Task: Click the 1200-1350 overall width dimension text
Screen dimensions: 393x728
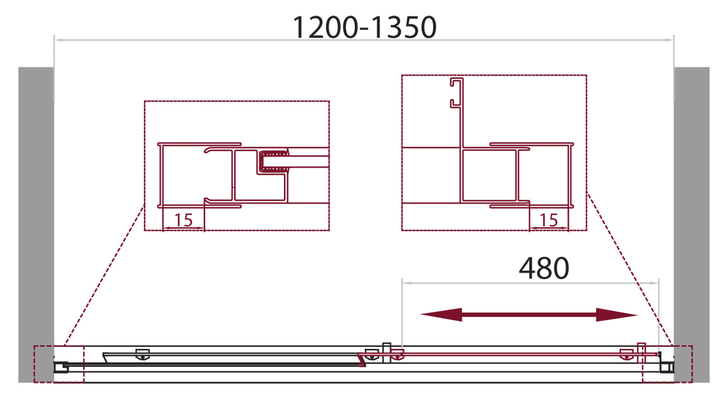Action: pos(364,27)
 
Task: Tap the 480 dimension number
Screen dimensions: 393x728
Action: pos(544,268)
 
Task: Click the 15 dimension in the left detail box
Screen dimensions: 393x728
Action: pos(183,220)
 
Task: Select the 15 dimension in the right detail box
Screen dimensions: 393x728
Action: pos(548,220)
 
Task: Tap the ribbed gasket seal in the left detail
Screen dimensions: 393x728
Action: pos(274,161)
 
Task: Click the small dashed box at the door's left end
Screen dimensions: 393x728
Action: pos(59,364)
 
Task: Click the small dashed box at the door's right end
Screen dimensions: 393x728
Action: pos(667,364)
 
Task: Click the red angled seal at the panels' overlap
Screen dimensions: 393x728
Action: pos(361,360)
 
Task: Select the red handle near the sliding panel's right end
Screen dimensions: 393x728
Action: pos(640,353)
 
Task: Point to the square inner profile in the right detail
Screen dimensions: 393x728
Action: pos(488,175)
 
